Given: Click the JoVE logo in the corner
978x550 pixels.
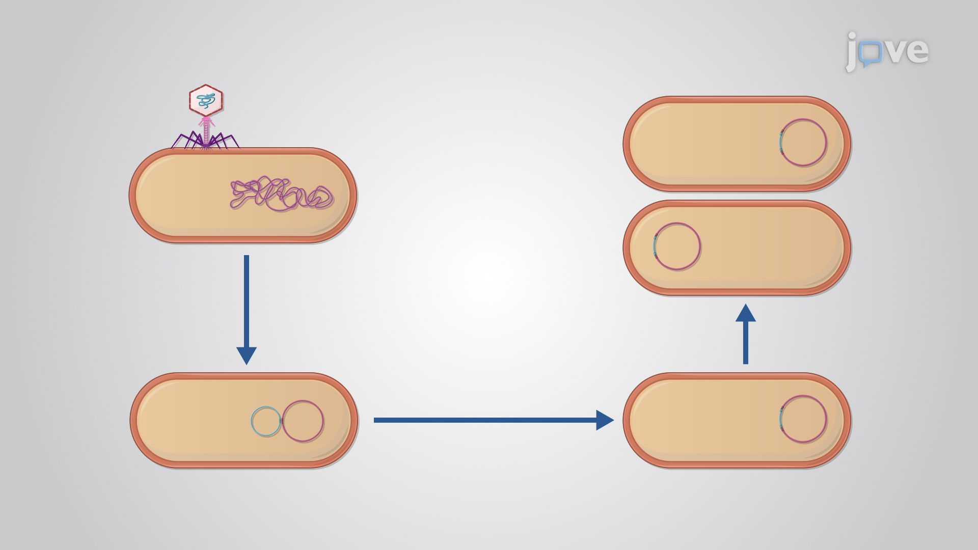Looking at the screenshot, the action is tap(887, 51).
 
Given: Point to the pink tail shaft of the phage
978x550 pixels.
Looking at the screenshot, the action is tap(206, 131).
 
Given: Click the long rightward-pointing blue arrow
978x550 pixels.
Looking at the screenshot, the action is tap(494, 420).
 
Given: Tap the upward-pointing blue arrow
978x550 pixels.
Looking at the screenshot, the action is tap(746, 334).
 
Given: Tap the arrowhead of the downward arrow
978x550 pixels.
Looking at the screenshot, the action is tap(247, 355).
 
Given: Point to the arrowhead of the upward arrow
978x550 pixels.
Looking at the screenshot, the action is tap(746, 312).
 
